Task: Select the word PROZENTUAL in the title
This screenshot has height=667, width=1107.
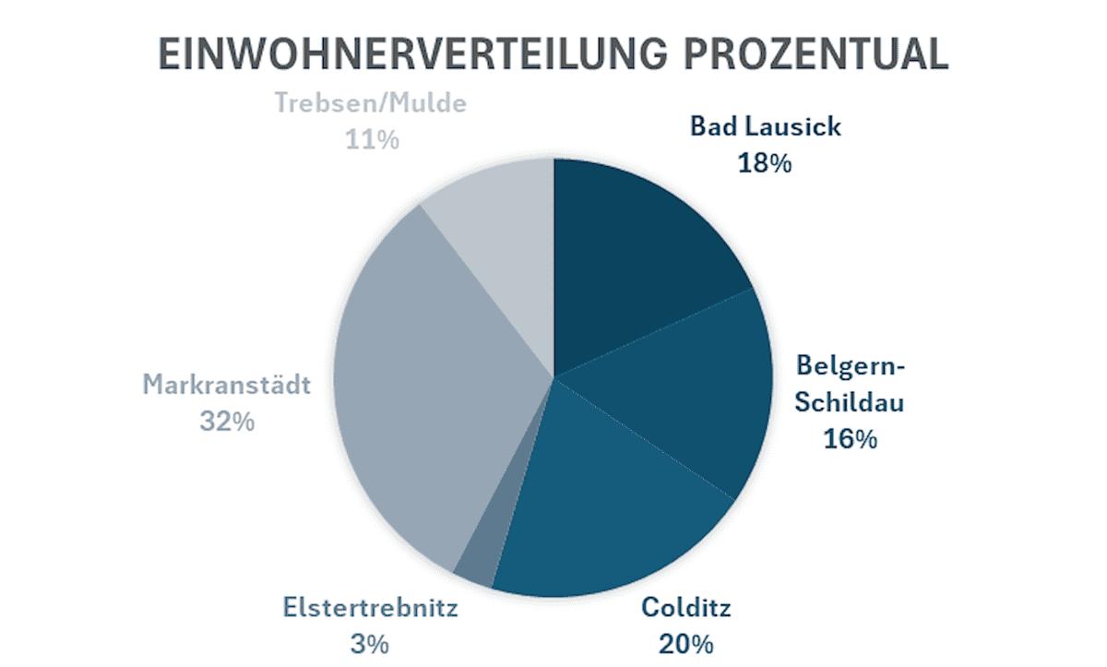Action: tap(815, 56)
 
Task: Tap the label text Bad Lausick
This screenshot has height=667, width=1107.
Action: tap(765, 126)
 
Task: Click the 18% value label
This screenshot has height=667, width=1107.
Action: tap(765, 163)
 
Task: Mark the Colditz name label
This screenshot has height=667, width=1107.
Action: tap(686, 609)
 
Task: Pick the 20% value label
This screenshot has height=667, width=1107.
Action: tap(686, 643)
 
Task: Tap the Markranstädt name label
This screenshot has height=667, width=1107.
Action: tap(226, 385)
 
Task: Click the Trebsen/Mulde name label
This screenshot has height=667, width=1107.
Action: tap(371, 103)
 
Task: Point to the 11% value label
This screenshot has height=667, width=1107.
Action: tap(372, 140)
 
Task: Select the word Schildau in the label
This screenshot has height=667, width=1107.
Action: tap(850, 403)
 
